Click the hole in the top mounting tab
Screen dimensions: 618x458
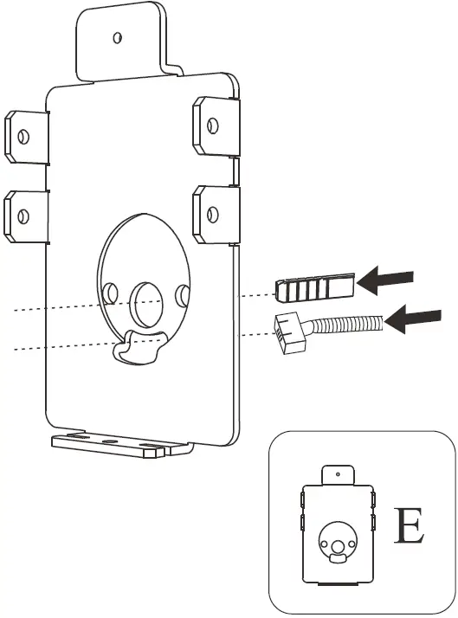click(119, 37)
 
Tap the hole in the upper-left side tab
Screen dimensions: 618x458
click(23, 136)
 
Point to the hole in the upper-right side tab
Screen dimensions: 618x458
click(210, 120)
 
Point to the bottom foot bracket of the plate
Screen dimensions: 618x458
click(117, 445)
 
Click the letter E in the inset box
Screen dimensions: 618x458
click(409, 527)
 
